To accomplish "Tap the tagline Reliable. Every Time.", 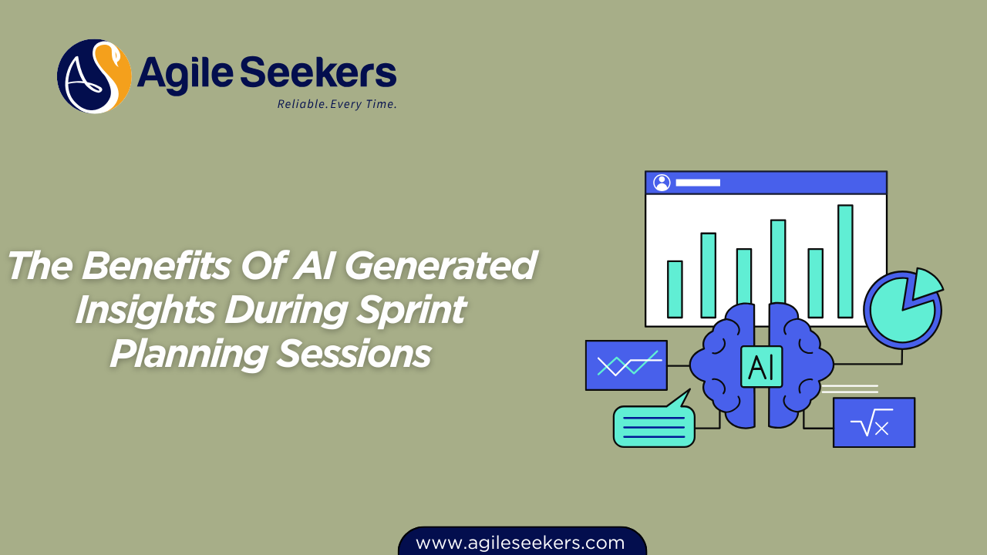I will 337,104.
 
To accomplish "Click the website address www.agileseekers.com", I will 520,543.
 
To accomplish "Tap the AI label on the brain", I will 762,365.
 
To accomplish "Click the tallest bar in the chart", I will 845,261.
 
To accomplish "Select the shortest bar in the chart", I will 675,289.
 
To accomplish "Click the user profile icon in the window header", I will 662,183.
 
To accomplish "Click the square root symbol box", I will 874,422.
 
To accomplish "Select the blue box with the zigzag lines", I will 626,365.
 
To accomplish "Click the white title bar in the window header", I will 698,183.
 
